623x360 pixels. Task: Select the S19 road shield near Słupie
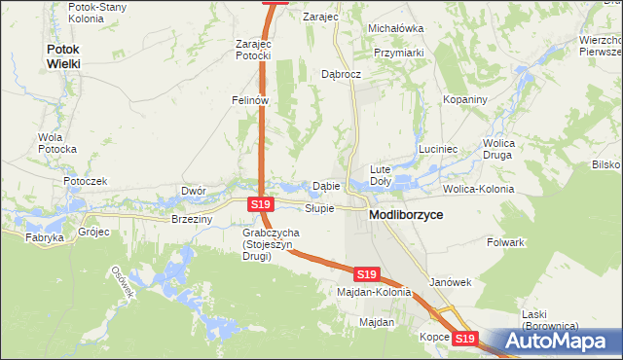point(259,204)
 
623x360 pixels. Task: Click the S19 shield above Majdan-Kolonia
point(366,275)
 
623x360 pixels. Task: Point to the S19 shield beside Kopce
point(466,339)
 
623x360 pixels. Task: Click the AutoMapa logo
point(553,342)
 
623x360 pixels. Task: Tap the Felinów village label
point(249,99)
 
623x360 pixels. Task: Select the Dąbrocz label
point(341,73)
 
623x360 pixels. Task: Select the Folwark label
point(506,241)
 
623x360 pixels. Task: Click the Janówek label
point(450,282)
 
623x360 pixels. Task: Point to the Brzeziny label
point(191,220)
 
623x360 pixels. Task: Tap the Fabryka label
point(44,237)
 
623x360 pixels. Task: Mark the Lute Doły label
point(380,175)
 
